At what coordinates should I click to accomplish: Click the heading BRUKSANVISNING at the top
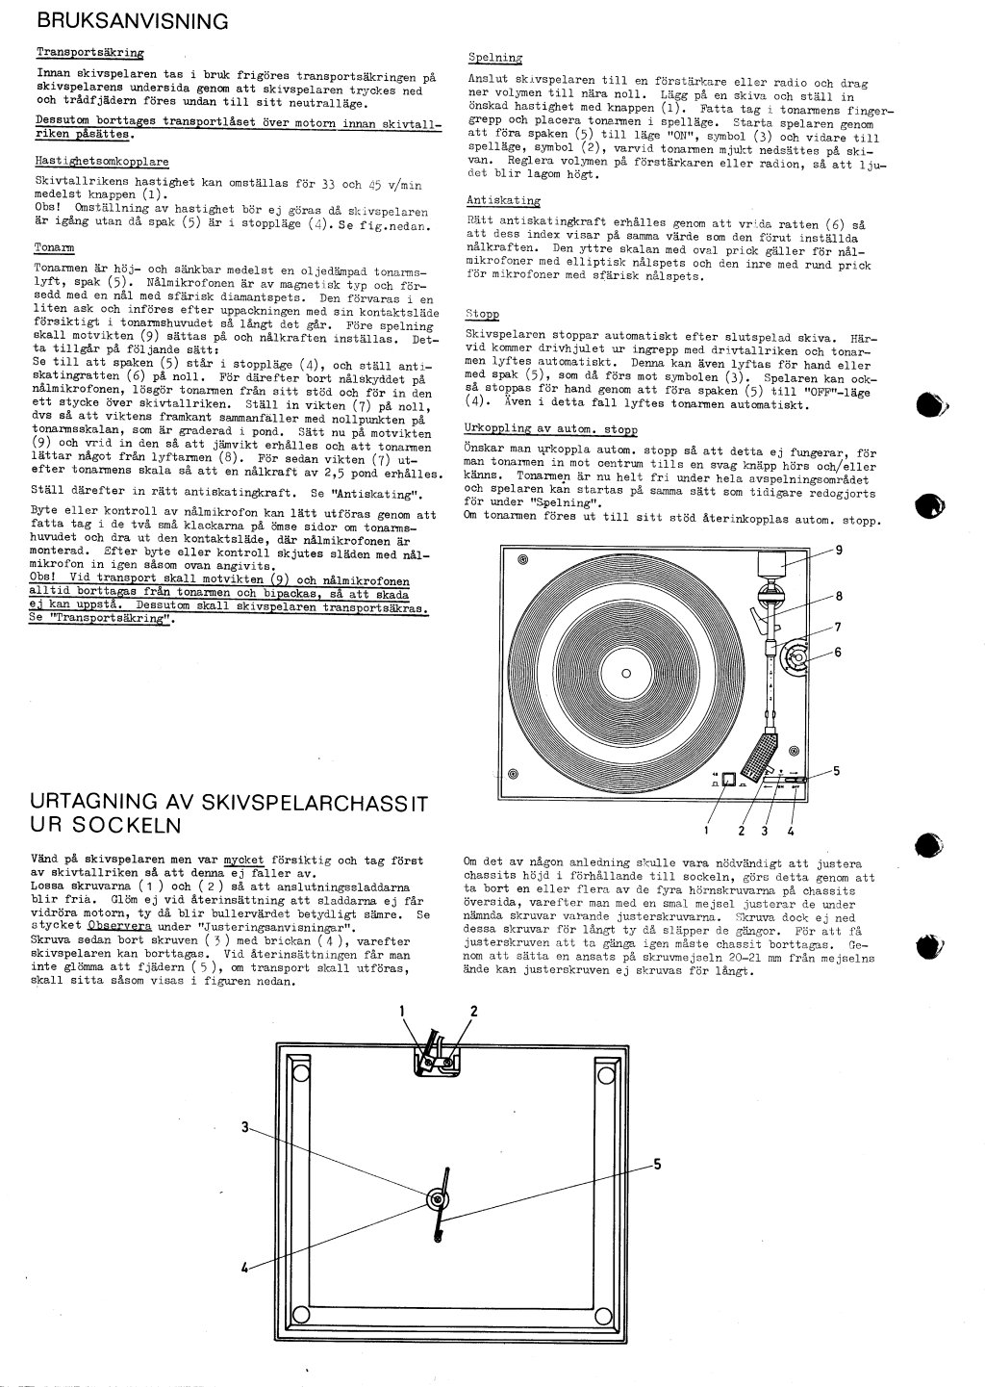132,20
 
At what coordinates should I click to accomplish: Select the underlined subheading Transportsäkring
89,53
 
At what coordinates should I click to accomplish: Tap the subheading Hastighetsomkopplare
101,162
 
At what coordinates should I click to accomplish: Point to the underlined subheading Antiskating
503,200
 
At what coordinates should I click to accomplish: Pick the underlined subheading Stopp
482,314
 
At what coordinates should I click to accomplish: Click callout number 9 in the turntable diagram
839,550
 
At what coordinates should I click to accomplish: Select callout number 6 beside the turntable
837,652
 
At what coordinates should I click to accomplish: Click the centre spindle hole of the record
626,673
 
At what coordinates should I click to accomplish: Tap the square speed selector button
729,780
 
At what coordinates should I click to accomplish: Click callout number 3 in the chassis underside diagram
246,1127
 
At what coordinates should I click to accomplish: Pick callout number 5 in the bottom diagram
656,1164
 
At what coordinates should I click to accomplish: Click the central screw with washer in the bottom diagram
436,1199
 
